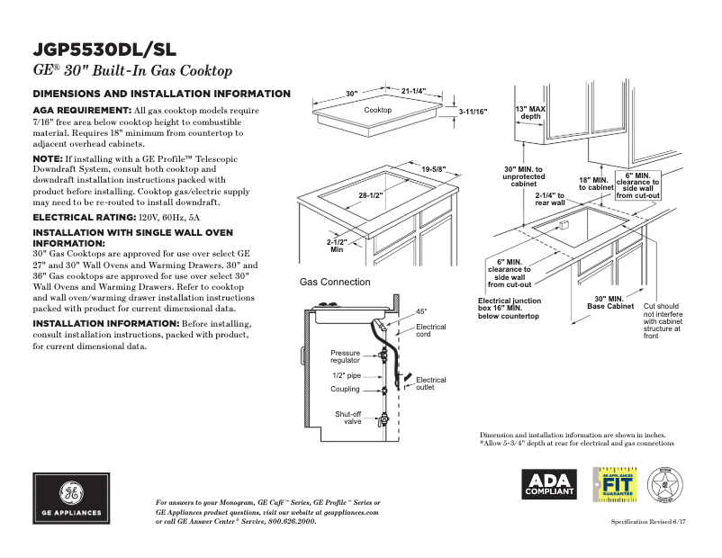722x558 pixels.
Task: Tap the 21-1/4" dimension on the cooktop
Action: [x=413, y=91]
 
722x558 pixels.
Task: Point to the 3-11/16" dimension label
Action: [x=472, y=112]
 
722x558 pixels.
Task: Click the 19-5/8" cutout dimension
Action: [x=433, y=169]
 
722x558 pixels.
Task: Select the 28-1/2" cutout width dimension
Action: [x=371, y=195]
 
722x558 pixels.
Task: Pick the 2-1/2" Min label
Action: [x=337, y=245]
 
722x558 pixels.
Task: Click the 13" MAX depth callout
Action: [x=530, y=112]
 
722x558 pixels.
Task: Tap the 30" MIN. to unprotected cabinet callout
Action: [x=523, y=176]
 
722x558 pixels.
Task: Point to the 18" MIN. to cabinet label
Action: [x=595, y=184]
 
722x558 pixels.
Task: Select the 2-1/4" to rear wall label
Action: [x=550, y=199]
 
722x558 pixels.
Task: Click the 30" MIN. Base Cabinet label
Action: [x=610, y=302]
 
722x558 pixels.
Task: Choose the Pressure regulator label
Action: [x=345, y=356]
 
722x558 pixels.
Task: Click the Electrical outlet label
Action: [x=430, y=383]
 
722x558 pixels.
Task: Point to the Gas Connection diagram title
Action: [x=334, y=282]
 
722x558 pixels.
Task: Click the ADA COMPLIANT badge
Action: [x=549, y=484]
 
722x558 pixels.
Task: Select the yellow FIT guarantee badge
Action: [x=614, y=484]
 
